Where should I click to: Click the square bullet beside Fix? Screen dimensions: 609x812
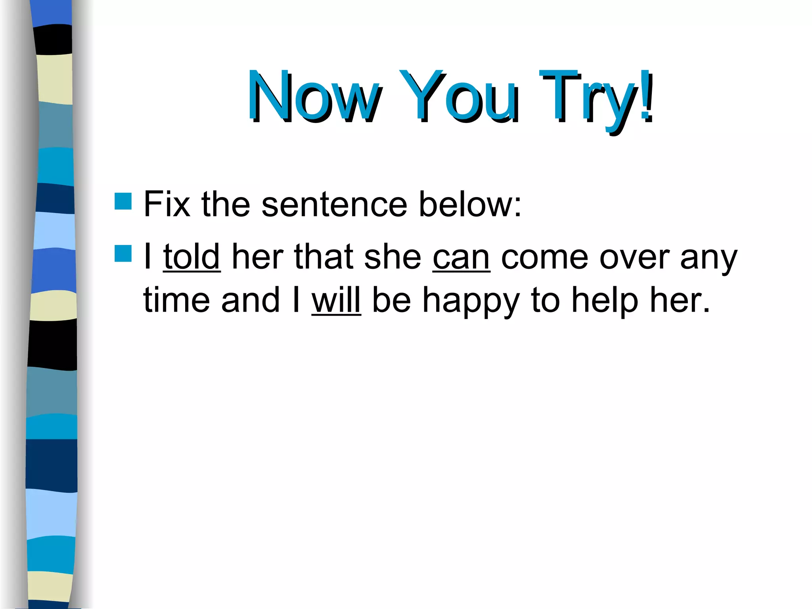click(123, 201)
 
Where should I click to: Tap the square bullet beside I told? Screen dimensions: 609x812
click(123, 254)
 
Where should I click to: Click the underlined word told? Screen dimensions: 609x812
click(192, 257)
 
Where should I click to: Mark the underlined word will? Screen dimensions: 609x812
click(336, 300)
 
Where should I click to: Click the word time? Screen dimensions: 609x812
click(176, 300)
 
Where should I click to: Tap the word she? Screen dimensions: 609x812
click(393, 257)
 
